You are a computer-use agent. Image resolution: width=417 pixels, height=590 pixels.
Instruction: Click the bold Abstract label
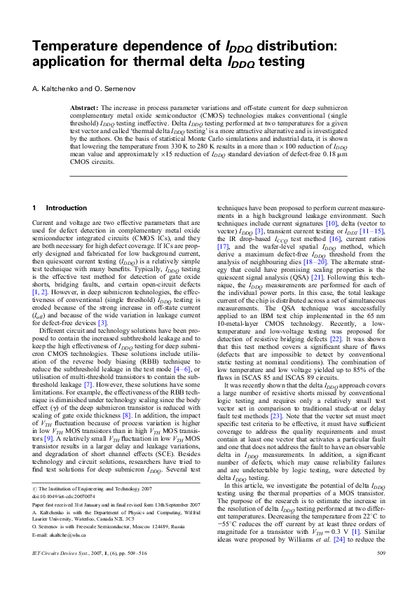pyautogui.click(x=85, y=108)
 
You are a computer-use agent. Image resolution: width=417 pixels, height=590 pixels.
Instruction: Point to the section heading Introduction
pyautogui.click(x=67, y=208)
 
